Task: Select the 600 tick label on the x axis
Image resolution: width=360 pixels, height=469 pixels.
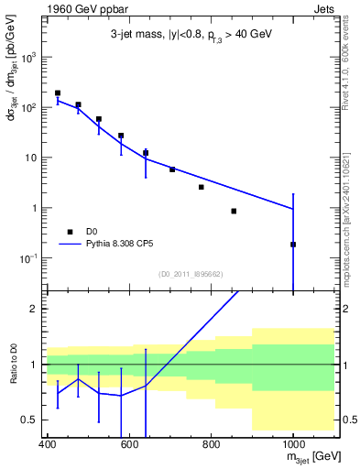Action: click(x=129, y=443)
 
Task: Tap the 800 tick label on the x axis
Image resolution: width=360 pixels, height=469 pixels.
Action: click(x=211, y=443)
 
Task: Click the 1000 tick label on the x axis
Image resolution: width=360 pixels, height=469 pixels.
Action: click(x=292, y=443)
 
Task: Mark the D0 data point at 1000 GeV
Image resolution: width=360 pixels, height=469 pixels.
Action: click(x=293, y=245)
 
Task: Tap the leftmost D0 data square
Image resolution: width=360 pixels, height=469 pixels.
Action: click(x=58, y=93)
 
